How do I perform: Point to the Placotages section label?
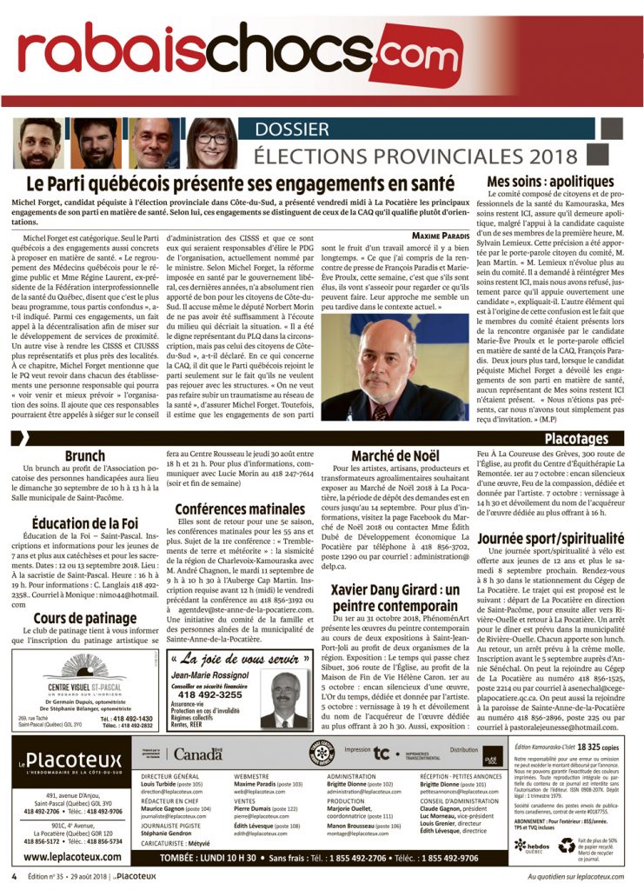click(x=575, y=440)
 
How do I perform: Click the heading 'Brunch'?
click(x=84, y=455)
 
